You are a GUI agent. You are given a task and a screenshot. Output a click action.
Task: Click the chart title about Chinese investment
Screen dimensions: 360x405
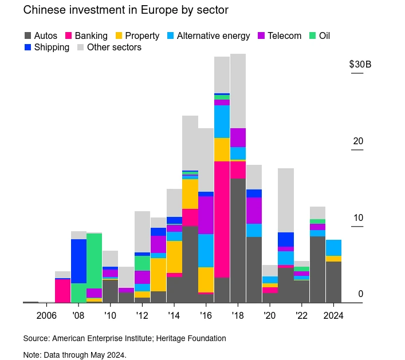click(117, 10)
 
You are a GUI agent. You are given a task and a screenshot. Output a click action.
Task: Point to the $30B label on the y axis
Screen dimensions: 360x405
click(360, 64)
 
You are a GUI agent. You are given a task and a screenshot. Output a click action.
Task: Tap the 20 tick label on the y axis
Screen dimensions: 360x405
click(359, 141)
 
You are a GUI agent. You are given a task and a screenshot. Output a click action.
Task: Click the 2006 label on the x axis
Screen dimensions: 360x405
click(46, 315)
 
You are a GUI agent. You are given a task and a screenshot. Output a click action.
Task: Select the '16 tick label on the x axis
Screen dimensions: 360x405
click(206, 315)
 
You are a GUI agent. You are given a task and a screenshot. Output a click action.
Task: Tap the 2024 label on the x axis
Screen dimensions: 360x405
click(333, 315)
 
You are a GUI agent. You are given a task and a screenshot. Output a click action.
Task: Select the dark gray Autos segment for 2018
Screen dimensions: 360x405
click(238, 240)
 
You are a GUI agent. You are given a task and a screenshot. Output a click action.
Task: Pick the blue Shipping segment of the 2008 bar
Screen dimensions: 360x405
click(78, 261)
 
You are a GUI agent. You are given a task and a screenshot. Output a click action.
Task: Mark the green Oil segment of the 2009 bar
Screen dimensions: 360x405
click(95, 260)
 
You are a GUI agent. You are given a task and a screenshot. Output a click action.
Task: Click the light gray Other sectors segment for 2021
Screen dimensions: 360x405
click(286, 200)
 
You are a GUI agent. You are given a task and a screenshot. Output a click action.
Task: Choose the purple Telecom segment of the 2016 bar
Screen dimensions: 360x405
click(206, 215)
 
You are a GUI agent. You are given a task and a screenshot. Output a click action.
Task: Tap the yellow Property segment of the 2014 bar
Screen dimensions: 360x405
click(174, 257)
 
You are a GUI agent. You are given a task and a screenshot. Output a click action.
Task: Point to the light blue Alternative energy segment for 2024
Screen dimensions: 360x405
click(333, 248)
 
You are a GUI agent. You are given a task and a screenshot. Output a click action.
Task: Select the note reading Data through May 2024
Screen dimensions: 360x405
click(74, 355)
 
